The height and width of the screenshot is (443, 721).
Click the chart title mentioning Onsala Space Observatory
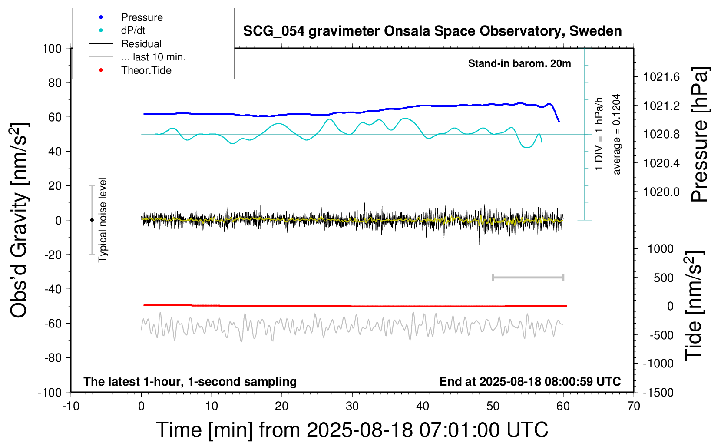(x=432, y=31)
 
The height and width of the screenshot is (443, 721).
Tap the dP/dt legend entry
(x=133, y=30)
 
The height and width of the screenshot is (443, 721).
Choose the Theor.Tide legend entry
(x=146, y=70)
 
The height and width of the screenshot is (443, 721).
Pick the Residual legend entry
(x=141, y=44)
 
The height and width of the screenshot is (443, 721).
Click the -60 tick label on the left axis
(x=53, y=323)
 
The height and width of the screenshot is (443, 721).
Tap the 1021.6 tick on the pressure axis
(x=661, y=77)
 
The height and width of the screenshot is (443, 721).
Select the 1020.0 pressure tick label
(x=661, y=192)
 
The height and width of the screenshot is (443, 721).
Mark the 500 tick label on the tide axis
(x=664, y=278)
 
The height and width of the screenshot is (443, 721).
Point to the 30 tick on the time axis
(x=352, y=406)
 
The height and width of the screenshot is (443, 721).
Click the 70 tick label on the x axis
(x=634, y=406)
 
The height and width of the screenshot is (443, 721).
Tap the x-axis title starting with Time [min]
(x=352, y=430)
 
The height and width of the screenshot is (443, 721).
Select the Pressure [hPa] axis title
(x=700, y=135)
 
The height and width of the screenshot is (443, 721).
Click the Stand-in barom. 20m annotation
(x=519, y=63)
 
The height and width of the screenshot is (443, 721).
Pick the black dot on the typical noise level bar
(x=92, y=220)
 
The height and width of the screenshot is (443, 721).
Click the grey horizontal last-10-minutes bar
(x=528, y=278)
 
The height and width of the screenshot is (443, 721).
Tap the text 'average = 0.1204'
(x=617, y=135)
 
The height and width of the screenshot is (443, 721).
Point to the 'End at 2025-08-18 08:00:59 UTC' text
(x=530, y=382)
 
